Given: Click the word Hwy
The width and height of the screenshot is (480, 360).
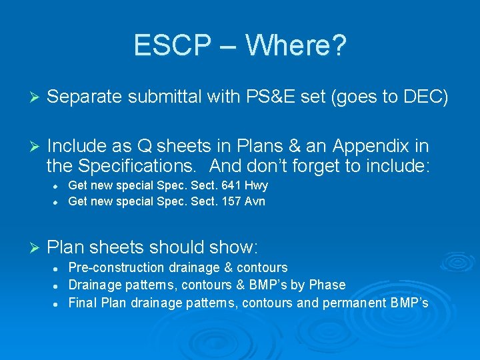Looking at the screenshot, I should pyautogui.click(x=257, y=186).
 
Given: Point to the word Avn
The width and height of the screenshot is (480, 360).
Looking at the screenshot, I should pyautogui.click(x=255, y=201).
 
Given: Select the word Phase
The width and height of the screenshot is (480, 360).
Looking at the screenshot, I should pyautogui.click(x=328, y=285).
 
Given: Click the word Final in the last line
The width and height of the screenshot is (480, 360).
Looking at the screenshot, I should pyautogui.click(x=83, y=303).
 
